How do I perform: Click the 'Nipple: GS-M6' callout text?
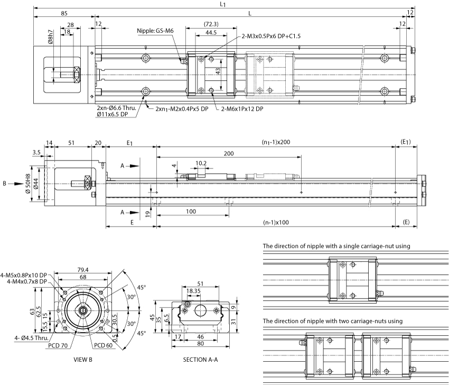pos(155,31)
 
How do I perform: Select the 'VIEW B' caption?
pos(83,360)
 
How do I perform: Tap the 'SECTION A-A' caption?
pos(200,360)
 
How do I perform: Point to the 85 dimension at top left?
pos(64,13)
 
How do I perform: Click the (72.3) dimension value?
pos(211,24)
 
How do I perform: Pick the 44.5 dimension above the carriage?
pos(211,32)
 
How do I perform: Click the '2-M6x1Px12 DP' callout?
pos(242,109)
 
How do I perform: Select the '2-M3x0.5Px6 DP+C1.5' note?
pos(271,36)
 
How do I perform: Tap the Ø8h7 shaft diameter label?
pos(51,37)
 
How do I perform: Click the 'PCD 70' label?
pos(58,345)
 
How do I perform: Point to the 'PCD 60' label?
pos(104,345)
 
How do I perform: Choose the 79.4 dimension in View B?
pos(83,270)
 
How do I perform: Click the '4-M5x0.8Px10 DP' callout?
pos(24,275)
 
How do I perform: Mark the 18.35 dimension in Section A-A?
pos(193,291)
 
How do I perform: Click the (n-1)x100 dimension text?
pos(276,222)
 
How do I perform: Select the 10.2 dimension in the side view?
pos(201,163)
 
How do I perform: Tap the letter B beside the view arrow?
pos(4,183)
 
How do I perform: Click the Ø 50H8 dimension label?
pos(28,183)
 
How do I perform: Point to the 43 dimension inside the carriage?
pos(218,71)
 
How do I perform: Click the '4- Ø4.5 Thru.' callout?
pos(32,338)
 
